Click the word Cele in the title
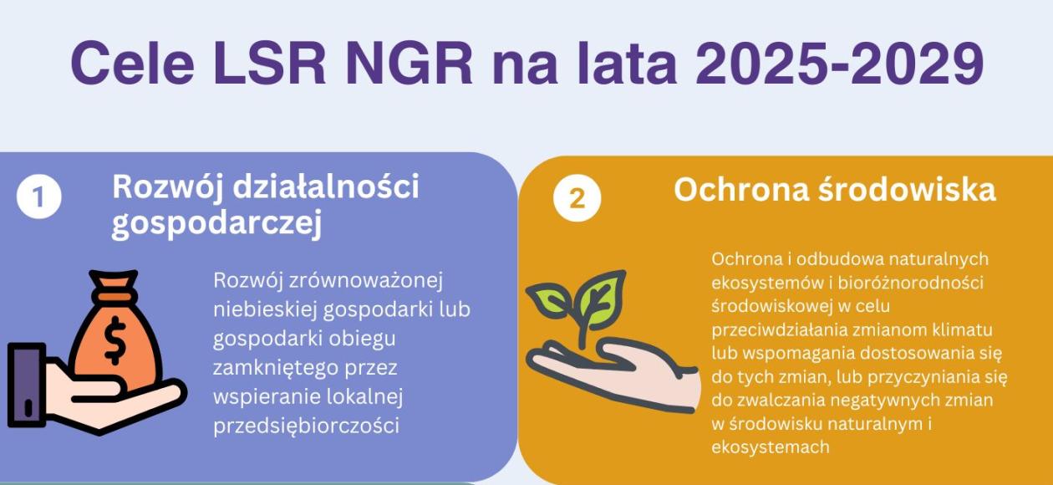133,63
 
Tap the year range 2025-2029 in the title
840,63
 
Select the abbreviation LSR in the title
269,63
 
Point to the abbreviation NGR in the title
409,63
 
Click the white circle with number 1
39,197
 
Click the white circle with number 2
577,198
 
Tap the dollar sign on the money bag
114,340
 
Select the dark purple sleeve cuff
27,385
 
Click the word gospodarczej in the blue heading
216,222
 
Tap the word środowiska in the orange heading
907,190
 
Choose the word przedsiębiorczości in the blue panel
306,426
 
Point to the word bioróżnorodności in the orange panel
911,283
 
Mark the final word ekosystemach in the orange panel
771,447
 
